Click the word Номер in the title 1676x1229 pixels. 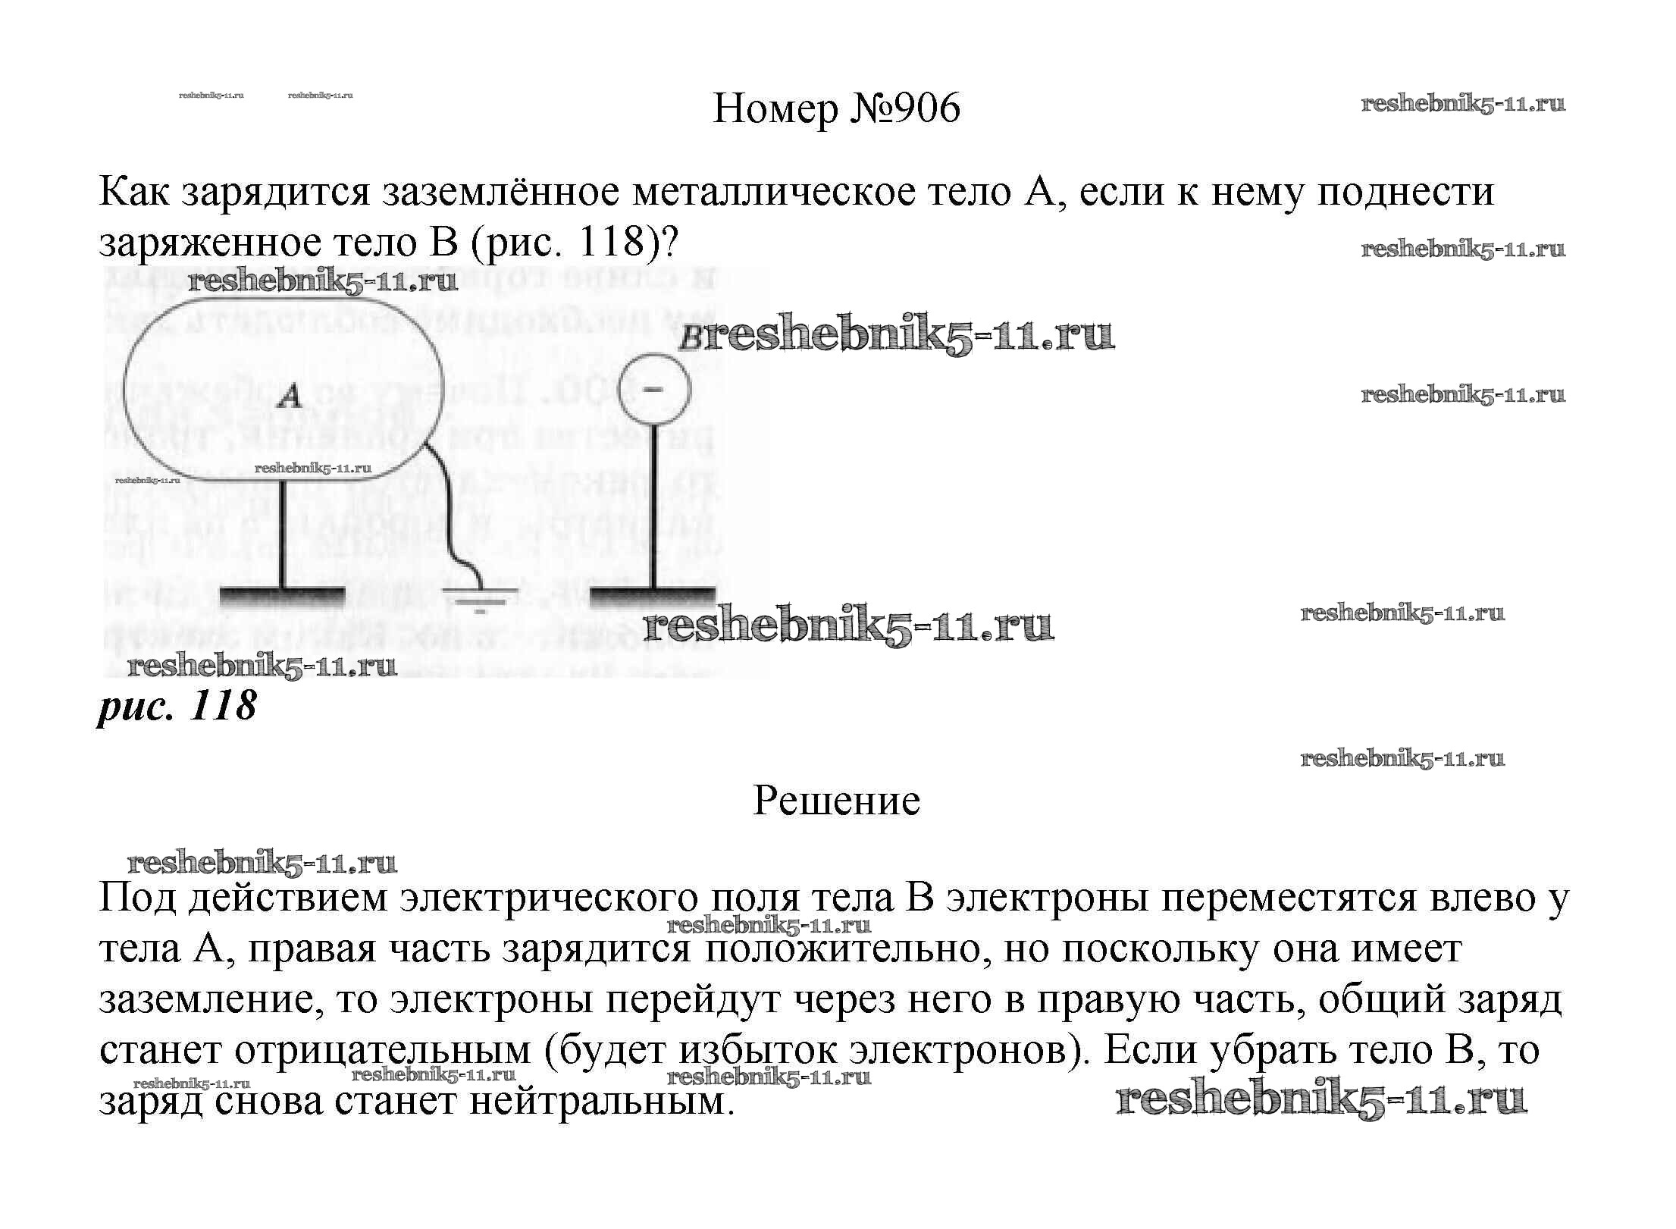[x=775, y=108]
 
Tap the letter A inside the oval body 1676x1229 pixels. [x=290, y=396]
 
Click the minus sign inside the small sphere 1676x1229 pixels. [x=652, y=389]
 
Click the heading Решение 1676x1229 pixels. [x=836, y=801]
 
